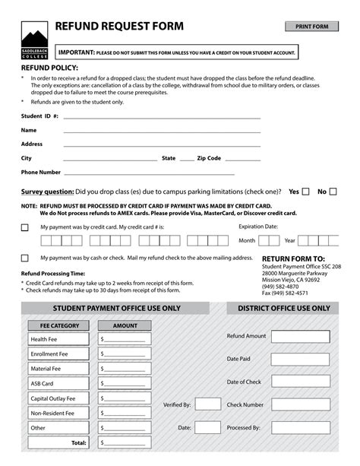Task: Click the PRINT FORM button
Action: [x=311, y=27]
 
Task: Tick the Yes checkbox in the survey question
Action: [x=305, y=192]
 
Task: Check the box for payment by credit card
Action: [x=25, y=227]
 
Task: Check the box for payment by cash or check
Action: [x=25, y=258]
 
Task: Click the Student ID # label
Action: [x=39, y=117]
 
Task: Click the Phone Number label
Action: [x=41, y=173]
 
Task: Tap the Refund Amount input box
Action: [x=300, y=337]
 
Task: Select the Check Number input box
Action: [x=300, y=405]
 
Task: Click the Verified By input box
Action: [x=207, y=405]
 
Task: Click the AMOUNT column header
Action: [x=125, y=325]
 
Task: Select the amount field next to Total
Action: [x=125, y=442]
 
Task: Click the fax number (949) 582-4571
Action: [x=285, y=293]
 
